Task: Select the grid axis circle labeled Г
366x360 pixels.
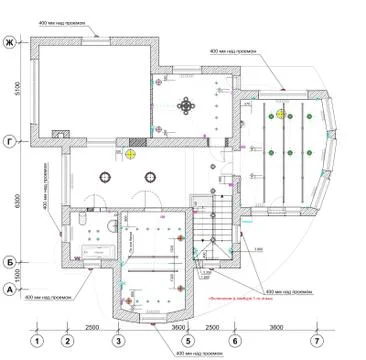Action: (9, 140)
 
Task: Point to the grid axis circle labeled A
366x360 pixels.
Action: (9, 288)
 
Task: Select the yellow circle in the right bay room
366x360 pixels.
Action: (282, 115)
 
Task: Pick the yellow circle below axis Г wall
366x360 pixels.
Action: (130, 154)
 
